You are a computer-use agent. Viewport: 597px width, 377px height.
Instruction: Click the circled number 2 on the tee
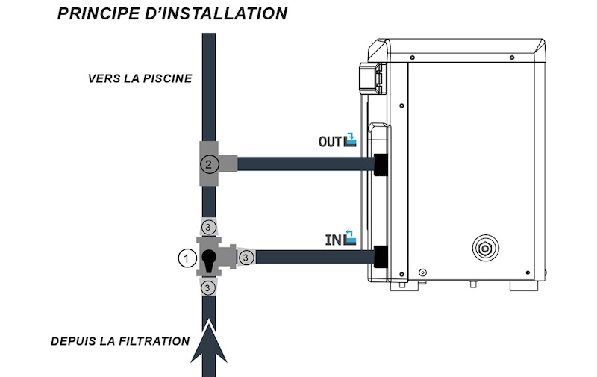[x=209, y=163]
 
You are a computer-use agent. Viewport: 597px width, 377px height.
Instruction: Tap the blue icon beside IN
[x=350, y=237]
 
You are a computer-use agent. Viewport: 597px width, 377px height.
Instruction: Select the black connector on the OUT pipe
[x=381, y=164]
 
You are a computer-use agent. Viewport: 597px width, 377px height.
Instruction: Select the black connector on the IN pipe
[x=381, y=257]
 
